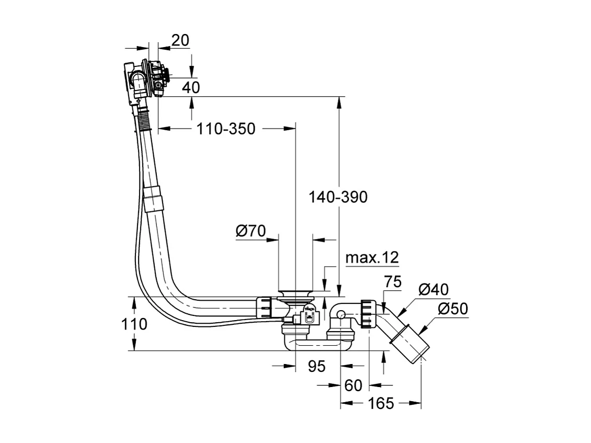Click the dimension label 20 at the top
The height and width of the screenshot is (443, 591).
click(x=180, y=40)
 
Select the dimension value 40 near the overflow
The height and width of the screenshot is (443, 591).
click(x=191, y=87)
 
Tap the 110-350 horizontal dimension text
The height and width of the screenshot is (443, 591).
click(x=226, y=128)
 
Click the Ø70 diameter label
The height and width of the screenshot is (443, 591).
click(x=251, y=231)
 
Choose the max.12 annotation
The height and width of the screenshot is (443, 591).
click(x=372, y=257)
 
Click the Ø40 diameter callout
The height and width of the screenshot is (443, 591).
click(x=434, y=289)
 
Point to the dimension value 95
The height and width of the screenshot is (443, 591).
click(x=316, y=367)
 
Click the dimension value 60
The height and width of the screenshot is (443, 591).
click(x=354, y=386)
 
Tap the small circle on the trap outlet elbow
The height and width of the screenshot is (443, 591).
click(x=340, y=315)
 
